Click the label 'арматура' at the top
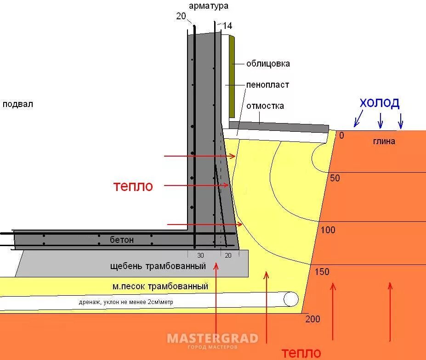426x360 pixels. (x=208, y=6)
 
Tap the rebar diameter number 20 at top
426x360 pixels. (x=181, y=17)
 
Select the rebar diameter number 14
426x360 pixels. (x=227, y=26)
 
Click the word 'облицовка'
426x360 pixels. (x=268, y=64)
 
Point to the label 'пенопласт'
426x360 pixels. (x=267, y=85)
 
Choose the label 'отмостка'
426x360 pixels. (x=265, y=106)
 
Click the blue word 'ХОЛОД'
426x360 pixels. (x=379, y=103)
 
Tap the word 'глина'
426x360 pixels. (x=384, y=141)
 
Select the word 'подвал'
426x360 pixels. (x=17, y=104)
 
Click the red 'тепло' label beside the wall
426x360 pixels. (x=133, y=186)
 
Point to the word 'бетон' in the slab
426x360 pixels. (x=122, y=240)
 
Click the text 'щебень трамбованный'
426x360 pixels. (x=158, y=266)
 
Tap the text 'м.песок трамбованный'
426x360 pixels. (x=160, y=287)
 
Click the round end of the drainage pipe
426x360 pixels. (x=290, y=299)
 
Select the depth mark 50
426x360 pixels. (x=335, y=178)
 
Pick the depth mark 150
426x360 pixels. (x=322, y=272)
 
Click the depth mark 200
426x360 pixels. (x=312, y=319)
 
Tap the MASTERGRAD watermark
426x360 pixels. (x=212, y=339)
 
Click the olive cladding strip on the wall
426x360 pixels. (x=233, y=76)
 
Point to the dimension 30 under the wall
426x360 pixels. (x=200, y=255)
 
